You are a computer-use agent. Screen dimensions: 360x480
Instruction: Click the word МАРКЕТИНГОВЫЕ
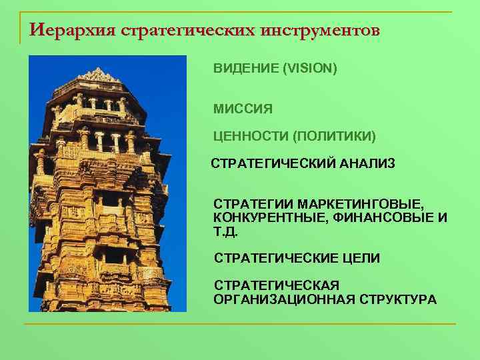tap(357, 201)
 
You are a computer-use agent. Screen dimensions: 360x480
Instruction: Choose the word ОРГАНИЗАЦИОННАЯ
tap(281, 300)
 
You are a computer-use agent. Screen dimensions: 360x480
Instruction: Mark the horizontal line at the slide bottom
tap(240, 324)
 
